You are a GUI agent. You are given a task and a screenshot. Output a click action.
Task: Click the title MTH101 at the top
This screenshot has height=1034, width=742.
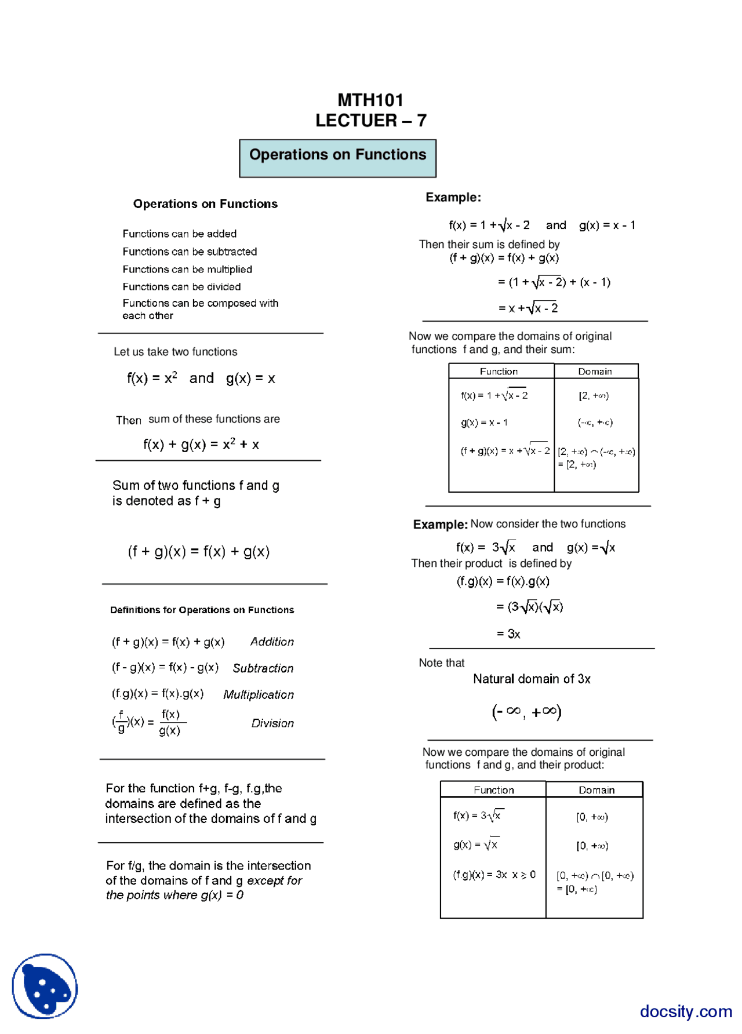click(370, 100)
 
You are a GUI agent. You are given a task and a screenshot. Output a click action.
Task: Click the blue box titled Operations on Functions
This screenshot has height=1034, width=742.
click(337, 158)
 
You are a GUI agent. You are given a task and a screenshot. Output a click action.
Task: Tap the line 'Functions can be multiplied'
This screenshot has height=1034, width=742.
click(187, 270)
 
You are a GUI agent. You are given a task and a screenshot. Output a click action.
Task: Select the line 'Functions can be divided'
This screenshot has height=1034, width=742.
click(181, 287)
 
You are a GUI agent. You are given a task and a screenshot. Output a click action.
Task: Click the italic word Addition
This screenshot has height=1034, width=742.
click(272, 642)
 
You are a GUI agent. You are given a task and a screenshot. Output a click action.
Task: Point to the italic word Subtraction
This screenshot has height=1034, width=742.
click(263, 668)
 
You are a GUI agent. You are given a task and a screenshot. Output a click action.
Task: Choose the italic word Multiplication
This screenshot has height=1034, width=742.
click(259, 694)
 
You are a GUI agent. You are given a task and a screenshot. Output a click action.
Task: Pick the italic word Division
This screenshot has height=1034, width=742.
click(272, 723)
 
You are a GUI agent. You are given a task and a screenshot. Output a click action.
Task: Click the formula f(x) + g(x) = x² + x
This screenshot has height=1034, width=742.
click(201, 445)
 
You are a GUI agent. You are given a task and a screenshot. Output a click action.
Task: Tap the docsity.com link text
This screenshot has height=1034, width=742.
click(685, 1011)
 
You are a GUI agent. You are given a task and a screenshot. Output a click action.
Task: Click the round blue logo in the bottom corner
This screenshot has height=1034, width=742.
click(45, 986)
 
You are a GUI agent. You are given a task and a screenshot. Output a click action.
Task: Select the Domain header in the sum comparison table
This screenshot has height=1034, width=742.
click(595, 372)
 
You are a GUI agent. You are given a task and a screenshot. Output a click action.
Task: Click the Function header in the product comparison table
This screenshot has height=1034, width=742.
click(493, 790)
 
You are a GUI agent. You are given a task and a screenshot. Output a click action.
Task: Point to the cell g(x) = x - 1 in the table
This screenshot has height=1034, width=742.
click(484, 423)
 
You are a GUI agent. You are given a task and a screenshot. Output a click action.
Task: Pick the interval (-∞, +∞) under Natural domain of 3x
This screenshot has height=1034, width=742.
click(526, 712)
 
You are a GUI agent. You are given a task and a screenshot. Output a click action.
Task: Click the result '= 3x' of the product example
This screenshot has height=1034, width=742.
click(508, 634)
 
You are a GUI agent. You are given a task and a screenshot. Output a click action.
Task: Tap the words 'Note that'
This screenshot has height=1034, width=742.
click(441, 663)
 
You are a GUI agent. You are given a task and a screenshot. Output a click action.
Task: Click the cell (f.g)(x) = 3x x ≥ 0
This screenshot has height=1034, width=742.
click(494, 875)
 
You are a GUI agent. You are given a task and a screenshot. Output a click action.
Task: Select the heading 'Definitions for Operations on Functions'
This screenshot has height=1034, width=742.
click(202, 610)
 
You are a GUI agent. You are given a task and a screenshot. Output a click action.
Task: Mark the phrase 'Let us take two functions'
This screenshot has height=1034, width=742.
click(175, 352)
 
